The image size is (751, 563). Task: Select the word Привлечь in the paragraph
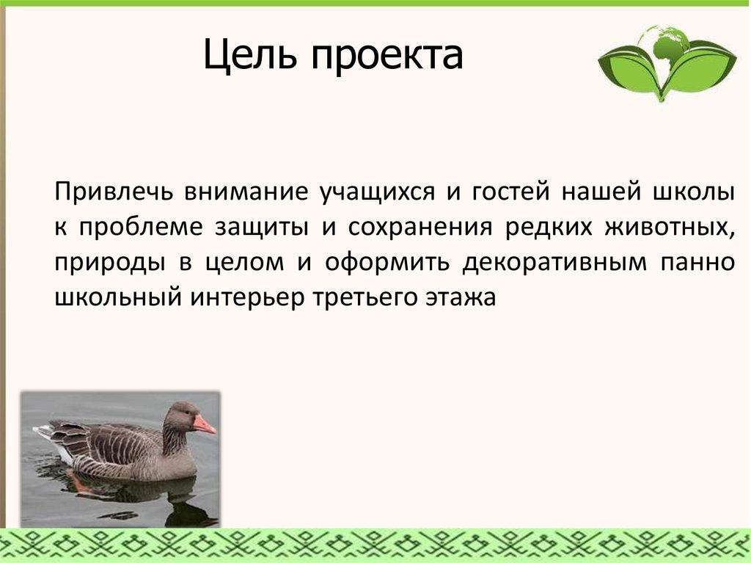(114, 192)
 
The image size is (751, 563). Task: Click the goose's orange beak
(205, 424)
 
